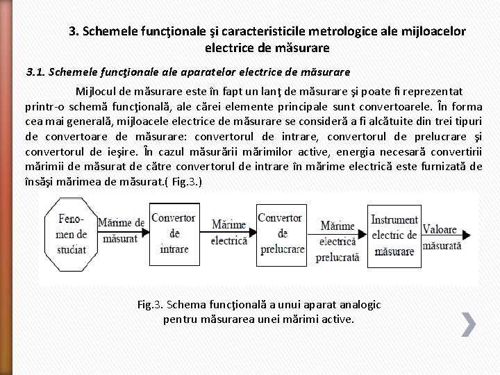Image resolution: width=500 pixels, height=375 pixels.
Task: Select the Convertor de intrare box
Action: coord(174,233)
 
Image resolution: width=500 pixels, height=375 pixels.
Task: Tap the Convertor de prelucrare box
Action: coord(280,233)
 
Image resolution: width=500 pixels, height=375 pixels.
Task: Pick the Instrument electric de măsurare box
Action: coord(394,235)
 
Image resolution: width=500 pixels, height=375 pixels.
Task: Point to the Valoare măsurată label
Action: coord(442,237)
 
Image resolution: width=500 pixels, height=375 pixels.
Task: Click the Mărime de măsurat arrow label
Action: coord(121,230)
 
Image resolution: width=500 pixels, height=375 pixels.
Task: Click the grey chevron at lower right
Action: coord(469,324)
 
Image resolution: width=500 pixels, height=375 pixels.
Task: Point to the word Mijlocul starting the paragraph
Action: coord(101,92)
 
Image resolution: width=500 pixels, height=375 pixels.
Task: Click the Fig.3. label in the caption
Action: coord(150,305)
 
